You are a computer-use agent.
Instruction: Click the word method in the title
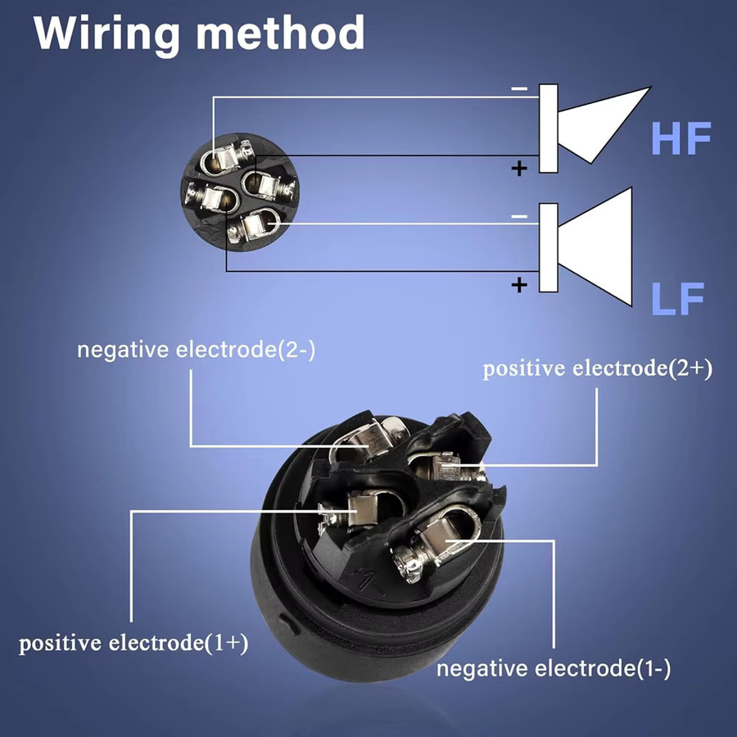(280, 32)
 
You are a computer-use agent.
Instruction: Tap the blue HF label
(681, 138)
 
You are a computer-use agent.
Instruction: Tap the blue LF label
(677, 298)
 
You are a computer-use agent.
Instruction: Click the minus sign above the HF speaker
(519, 88)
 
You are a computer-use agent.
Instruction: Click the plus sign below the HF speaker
(519, 168)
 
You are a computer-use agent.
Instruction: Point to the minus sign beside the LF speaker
(519, 217)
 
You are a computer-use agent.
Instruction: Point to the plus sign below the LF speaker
(519, 284)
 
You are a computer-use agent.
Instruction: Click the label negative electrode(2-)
(196, 350)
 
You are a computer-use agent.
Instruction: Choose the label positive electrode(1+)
(133, 643)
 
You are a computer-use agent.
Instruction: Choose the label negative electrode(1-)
(554, 668)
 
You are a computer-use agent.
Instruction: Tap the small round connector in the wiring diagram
(240, 192)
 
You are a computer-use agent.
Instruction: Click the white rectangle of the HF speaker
(549, 129)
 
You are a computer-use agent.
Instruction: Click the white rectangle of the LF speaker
(549, 247)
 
